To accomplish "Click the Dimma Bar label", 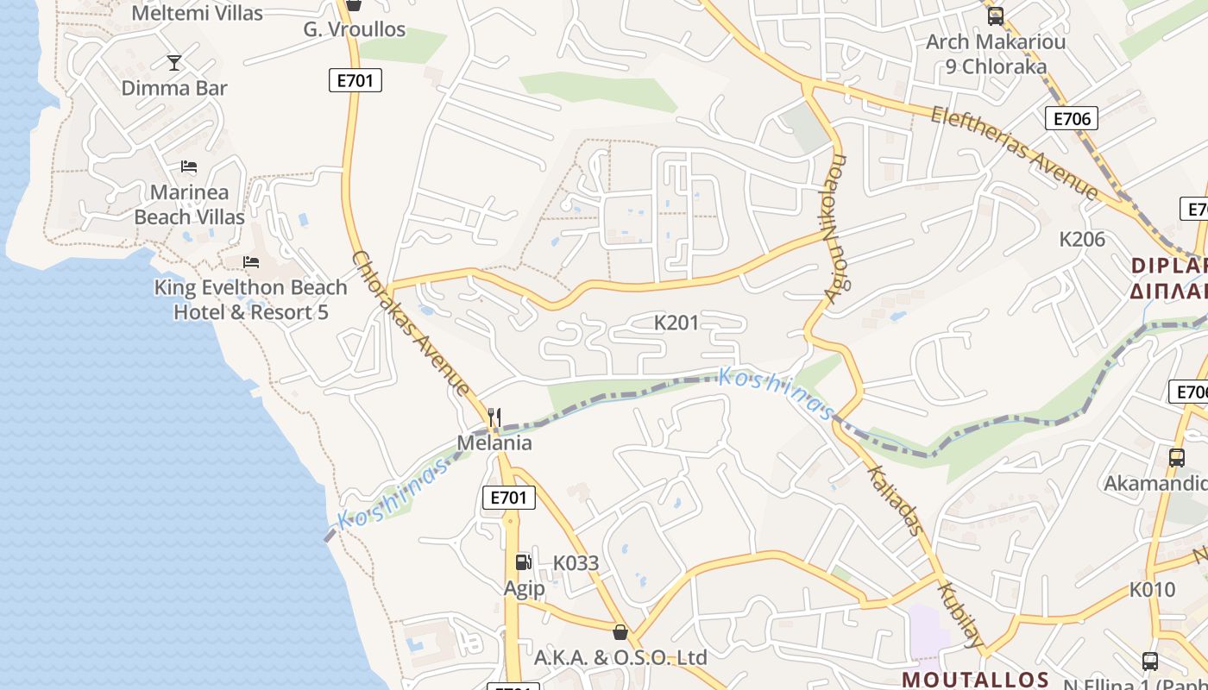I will tap(174, 88).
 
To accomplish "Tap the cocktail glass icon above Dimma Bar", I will tap(174, 62).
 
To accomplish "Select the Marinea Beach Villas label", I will tap(189, 204).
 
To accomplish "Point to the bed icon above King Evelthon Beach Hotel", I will tap(251, 262).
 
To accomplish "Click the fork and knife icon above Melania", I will tap(494, 417).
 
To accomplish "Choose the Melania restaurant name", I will tap(494, 443).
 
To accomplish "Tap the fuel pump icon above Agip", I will tap(523, 562).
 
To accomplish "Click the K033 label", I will tap(576, 563).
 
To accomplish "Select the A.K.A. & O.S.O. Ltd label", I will tap(620, 658).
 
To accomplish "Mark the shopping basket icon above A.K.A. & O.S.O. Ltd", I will tap(620, 632).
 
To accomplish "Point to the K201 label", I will tap(676, 323).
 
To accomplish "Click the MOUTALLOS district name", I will tap(975, 680).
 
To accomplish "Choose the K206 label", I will tap(1082, 239).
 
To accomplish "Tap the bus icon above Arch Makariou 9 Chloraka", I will tap(996, 16).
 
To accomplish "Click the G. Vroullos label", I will tap(354, 29).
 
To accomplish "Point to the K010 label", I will tap(1153, 590).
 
